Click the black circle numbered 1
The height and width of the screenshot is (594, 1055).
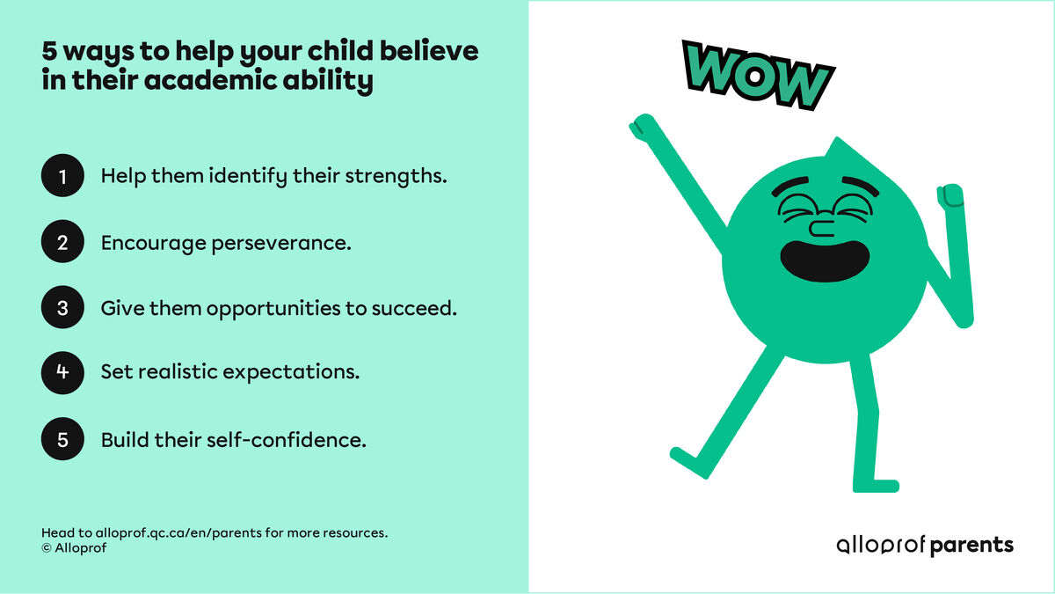[x=62, y=176]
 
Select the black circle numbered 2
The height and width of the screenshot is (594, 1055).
[x=62, y=242]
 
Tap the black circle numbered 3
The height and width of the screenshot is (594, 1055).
[x=62, y=308]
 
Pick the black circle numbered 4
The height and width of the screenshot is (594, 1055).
[x=62, y=372]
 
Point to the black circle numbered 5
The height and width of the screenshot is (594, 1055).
[x=62, y=439]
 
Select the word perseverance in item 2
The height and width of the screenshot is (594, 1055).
[x=280, y=243]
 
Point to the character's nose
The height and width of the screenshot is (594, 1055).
[x=820, y=229]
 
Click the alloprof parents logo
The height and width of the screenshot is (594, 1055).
[x=924, y=545]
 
